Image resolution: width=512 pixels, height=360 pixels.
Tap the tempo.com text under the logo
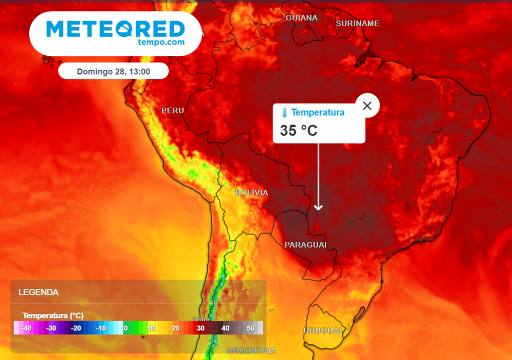pos(160,42)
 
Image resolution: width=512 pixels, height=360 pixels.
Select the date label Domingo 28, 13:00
pos(113,71)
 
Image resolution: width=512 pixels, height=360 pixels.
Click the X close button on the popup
pos(367,105)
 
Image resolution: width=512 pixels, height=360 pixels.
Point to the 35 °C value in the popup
pos(298,130)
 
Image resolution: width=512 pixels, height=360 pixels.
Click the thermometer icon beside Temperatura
pos(284,112)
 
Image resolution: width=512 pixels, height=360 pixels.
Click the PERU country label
pos(172,110)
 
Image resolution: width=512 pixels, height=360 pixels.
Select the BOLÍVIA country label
pos(251,192)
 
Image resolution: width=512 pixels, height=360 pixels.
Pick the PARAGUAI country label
pos(305,244)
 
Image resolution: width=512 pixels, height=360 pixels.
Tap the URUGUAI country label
pos(322,330)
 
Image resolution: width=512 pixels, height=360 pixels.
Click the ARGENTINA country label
pos(251,350)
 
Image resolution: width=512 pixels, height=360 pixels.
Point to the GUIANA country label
pos(301,18)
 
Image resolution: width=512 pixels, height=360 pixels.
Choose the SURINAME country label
pos(357,23)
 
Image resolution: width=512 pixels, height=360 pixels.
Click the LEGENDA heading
pos(38,292)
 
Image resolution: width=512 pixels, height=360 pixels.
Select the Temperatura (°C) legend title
pos(53,315)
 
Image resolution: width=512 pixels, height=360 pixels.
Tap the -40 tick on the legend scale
pos(26,328)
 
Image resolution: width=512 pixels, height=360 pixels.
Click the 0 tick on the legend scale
pos(125,328)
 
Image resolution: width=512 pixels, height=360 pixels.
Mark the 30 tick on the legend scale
pos(200,328)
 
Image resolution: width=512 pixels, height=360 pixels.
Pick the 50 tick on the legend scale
pos(250,328)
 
